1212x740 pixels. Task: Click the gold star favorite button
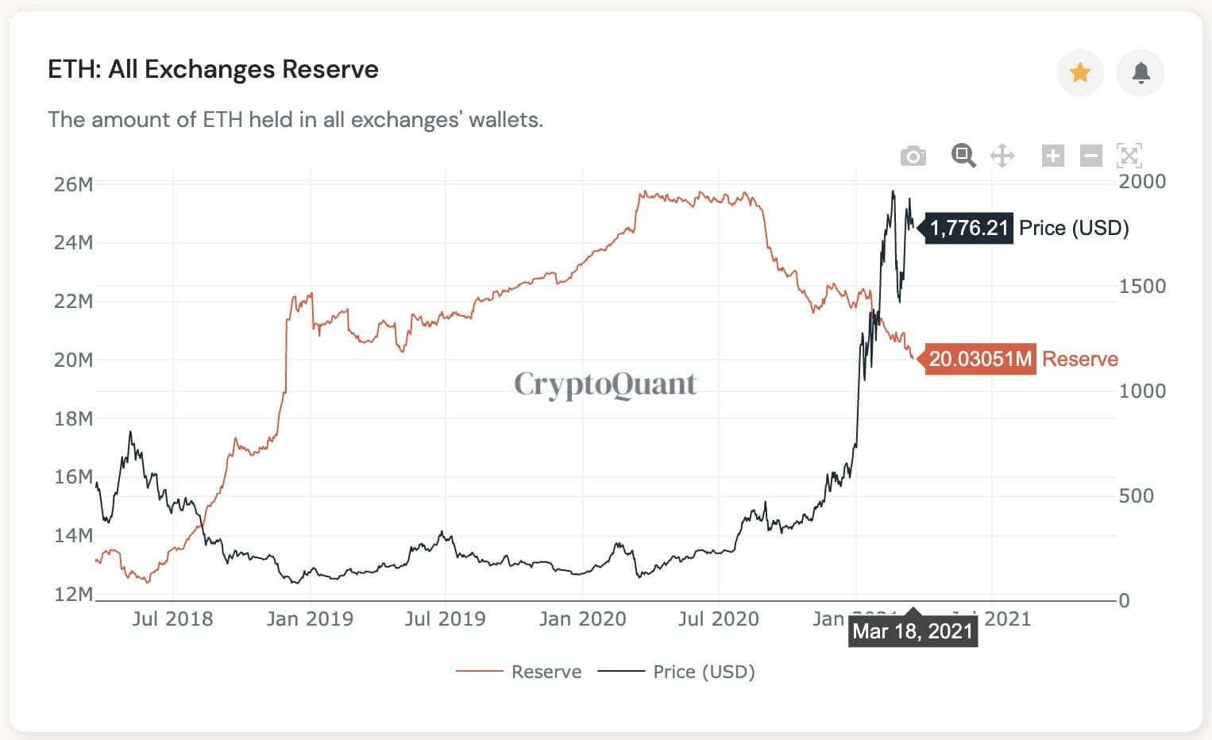(1079, 73)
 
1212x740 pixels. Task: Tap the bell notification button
(1141, 73)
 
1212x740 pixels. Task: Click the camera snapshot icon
(913, 156)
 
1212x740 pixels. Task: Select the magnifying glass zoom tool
(963, 156)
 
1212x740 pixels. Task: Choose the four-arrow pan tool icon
(1002, 156)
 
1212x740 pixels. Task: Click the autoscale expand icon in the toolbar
(1129, 156)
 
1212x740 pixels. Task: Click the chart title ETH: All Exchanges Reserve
(213, 70)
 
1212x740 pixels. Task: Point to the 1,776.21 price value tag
(968, 229)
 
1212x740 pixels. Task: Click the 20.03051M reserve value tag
(980, 359)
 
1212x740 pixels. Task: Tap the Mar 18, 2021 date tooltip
(913, 631)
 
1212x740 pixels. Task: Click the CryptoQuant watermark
(605, 384)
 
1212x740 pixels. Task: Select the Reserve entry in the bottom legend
(546, 672)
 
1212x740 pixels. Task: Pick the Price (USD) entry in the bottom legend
(703, 672)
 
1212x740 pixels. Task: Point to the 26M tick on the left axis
(73, 184)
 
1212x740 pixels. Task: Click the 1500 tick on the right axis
(1142, 286)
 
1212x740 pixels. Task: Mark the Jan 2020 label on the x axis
(582, 619)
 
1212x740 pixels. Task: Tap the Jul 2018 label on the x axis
(172, 619)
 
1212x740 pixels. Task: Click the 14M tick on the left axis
(73, 535)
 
